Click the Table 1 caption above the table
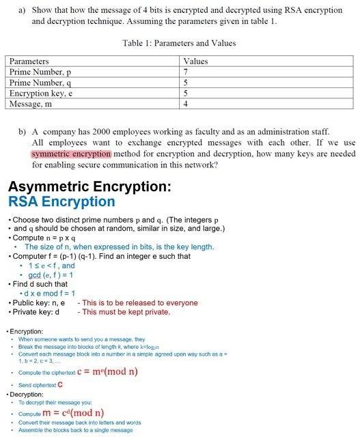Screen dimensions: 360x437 point(179,43)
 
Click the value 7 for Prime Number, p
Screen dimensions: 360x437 point(186,72)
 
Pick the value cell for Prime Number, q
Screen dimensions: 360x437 point(186,83)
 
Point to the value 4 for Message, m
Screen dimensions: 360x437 point(186,104)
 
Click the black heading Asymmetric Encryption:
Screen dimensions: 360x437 point(89,186)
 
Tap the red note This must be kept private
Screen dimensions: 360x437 point(124,312)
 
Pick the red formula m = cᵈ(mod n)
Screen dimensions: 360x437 point(76,412)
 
